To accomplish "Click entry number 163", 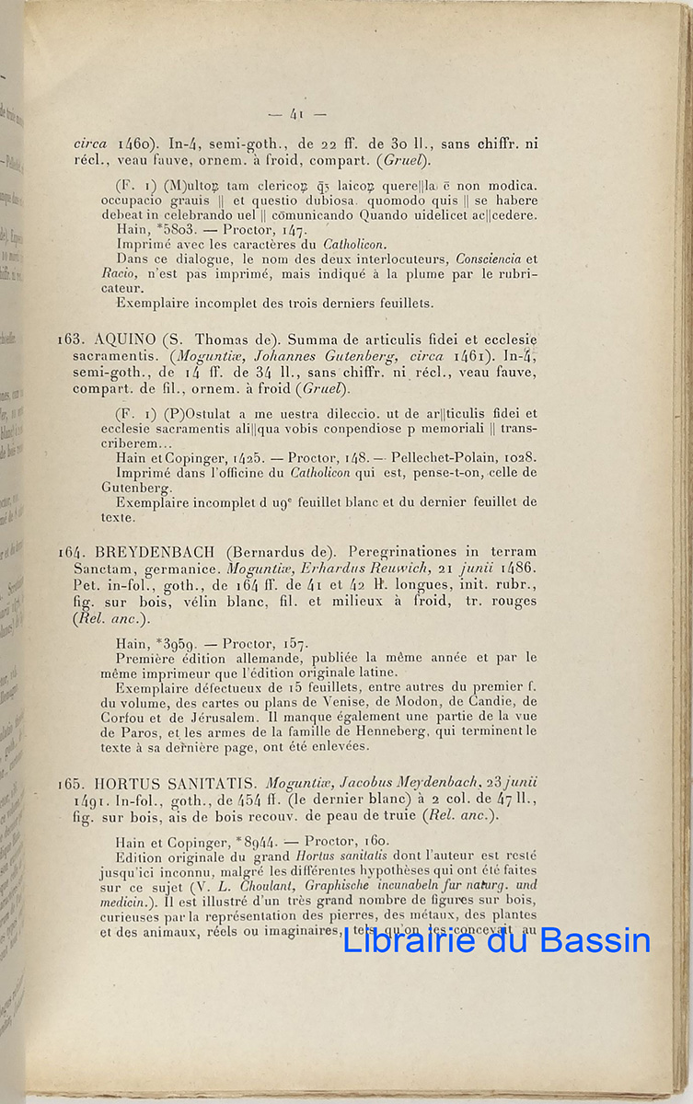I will click(x=72, y=339).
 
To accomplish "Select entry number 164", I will click(x=72, y=552).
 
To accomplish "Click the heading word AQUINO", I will click(x=125, y=339).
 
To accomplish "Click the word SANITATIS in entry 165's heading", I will click(x=214, y=784).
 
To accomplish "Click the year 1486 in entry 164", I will click(x=518, y=569).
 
